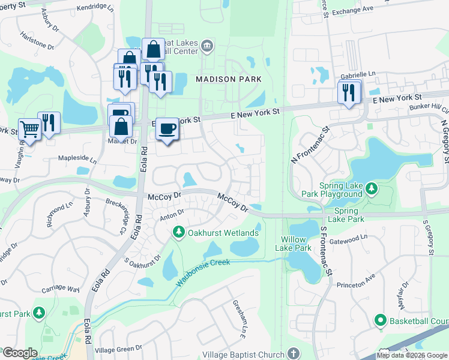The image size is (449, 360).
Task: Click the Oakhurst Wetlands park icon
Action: [x=178, y=232]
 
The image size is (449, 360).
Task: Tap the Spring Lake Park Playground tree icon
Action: [x=372, y=190]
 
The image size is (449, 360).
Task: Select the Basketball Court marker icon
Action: [x=379, y=321]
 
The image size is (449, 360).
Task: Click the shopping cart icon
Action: [x=29, y=129]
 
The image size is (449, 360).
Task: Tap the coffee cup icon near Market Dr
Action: [x=168, y=129]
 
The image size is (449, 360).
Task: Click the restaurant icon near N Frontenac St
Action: [x=348, y=92]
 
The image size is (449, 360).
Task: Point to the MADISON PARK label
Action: [x=229, y=79]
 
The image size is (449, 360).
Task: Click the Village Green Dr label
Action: [x=118, y=349]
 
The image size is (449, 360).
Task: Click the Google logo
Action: [x=20, y=353]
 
